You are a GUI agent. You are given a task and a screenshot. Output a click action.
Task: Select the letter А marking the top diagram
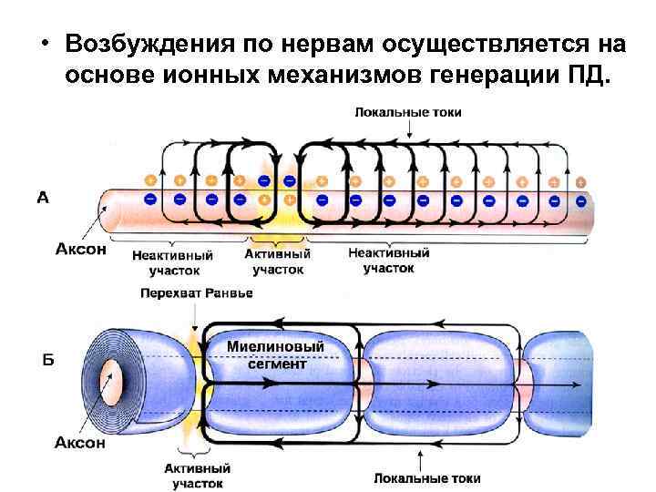point(43,196)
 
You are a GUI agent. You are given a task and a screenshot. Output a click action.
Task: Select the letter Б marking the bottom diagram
point(48,361)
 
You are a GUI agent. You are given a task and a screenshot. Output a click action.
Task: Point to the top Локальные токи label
point(408,112)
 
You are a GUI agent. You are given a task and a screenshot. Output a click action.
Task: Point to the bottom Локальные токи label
point(427,477)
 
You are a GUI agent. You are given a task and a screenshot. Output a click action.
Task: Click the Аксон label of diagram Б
point(80,443)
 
